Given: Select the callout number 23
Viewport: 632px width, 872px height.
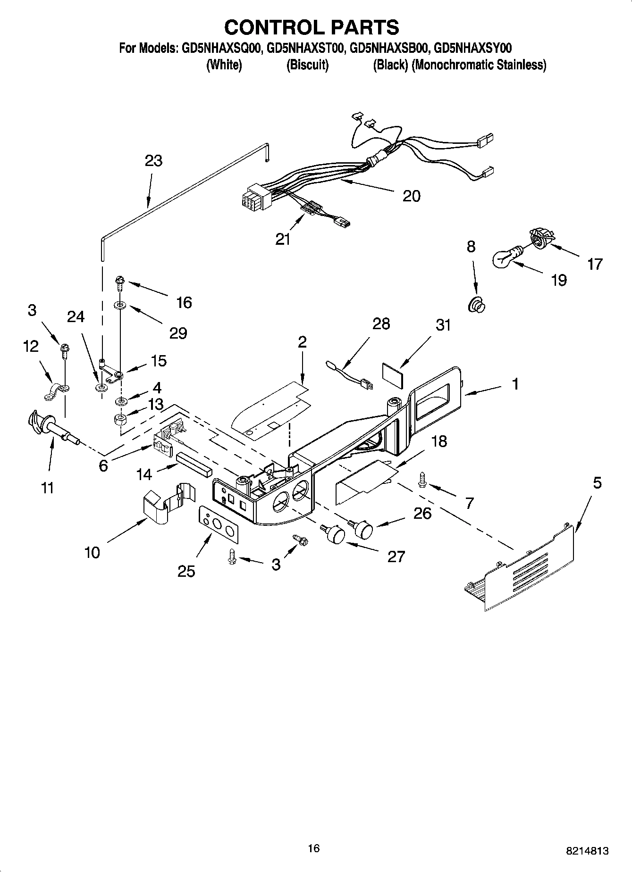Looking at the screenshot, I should (x=153, y=161).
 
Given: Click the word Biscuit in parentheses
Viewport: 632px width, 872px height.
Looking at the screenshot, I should (x=307, y=65).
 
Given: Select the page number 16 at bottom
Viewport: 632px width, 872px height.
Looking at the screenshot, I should (x=313, y=848).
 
